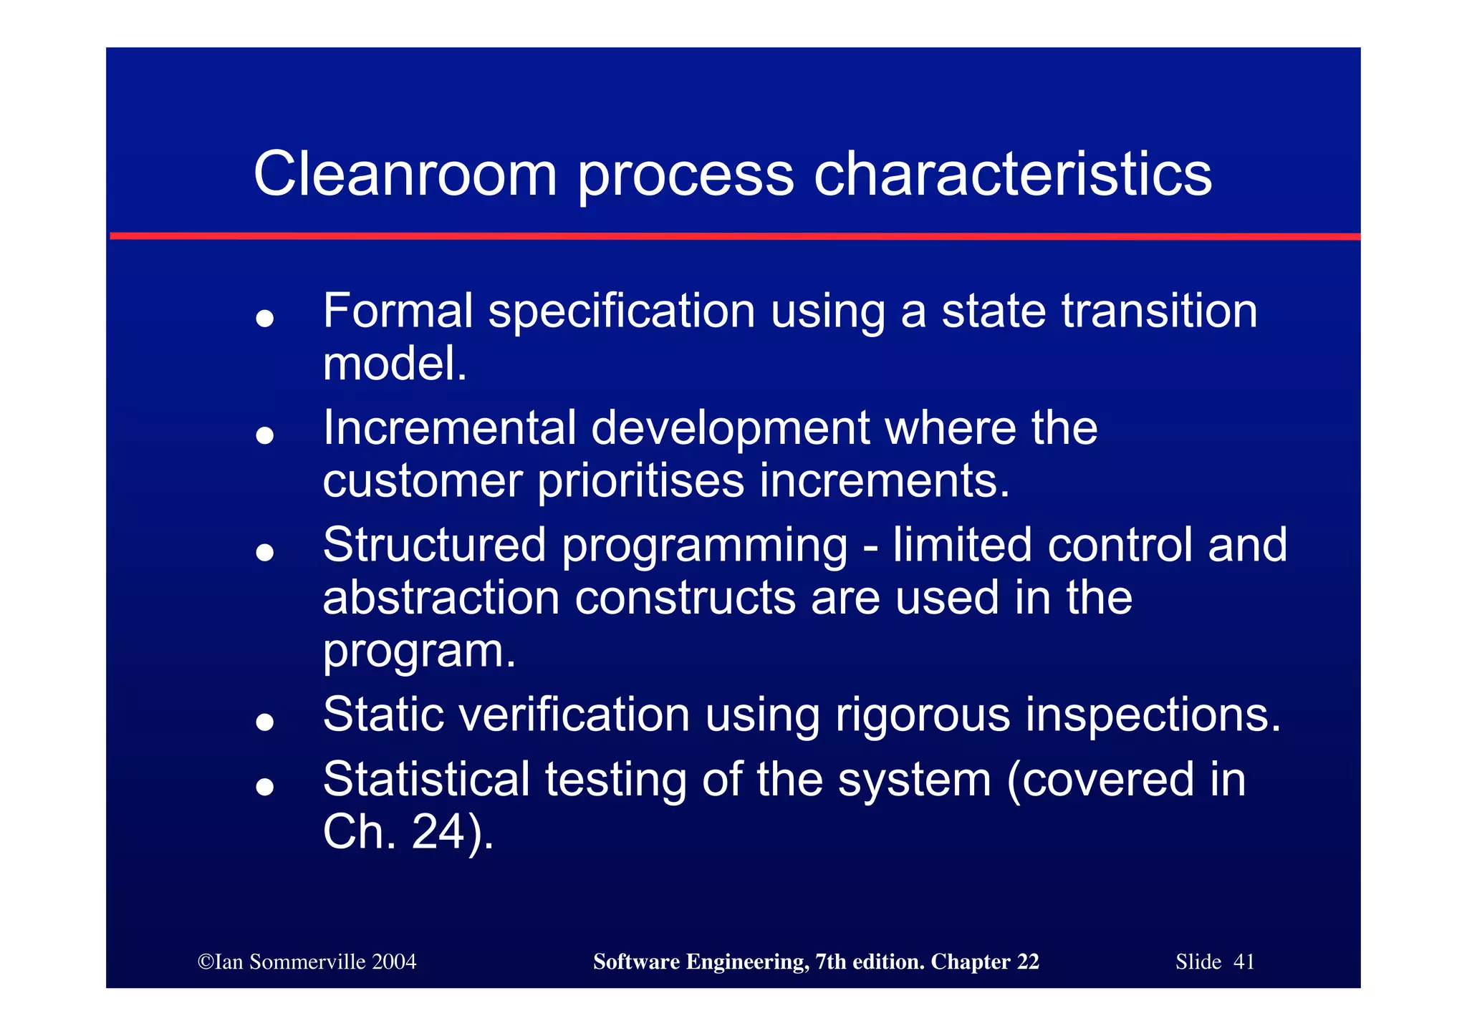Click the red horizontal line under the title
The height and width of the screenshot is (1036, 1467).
(734, 236)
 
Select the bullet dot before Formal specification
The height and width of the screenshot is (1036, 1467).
(265, 318)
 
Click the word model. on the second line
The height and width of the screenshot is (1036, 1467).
(395, 364)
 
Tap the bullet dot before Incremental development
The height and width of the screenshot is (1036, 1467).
(265, 435)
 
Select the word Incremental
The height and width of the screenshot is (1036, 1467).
(450, 428)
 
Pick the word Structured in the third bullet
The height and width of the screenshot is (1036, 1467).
(435, 545)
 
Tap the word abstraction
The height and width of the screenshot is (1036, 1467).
(441, 598)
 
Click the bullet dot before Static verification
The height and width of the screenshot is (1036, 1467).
(265, 722)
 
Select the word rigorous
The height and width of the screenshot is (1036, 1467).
(923, 715)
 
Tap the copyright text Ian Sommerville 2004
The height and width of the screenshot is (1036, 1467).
(307, 962)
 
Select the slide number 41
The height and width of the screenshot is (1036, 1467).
(1244, 962)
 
